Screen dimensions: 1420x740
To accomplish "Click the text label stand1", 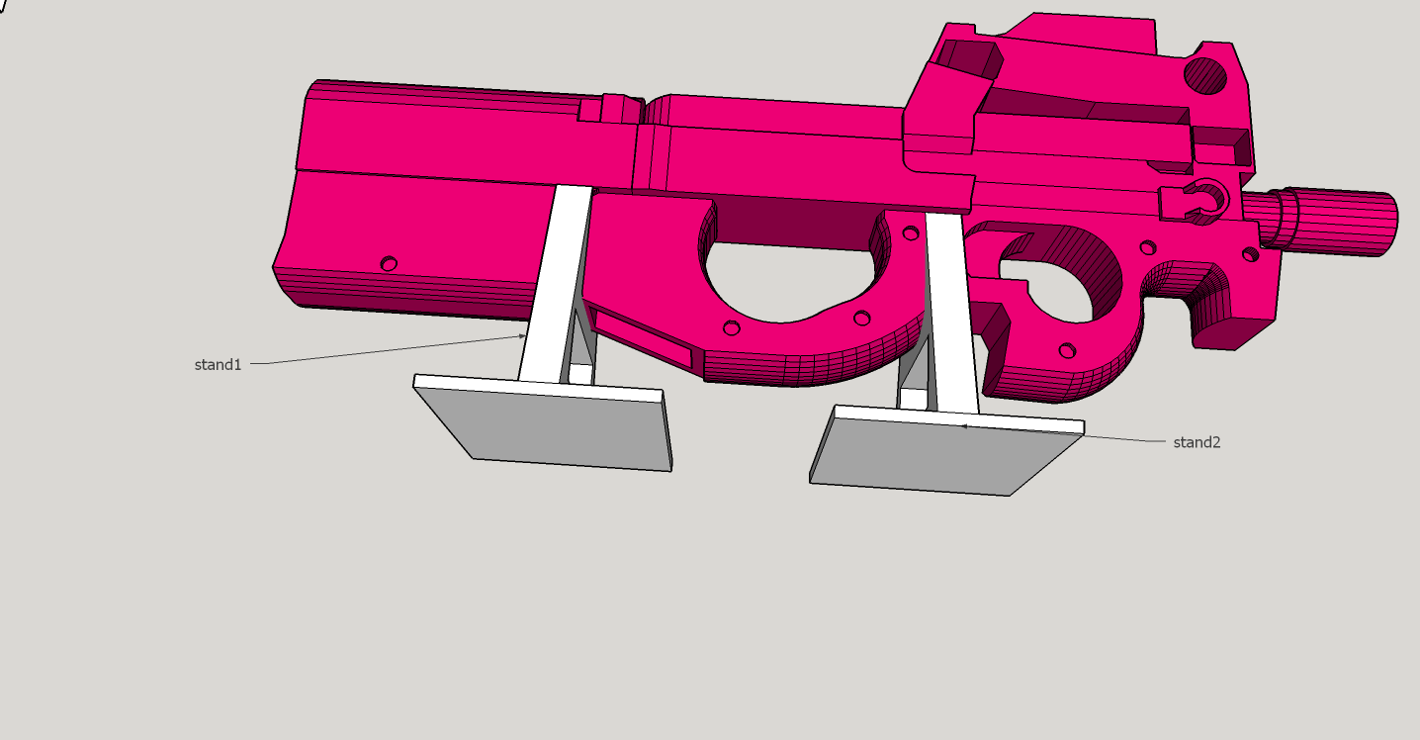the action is tap(218, 365).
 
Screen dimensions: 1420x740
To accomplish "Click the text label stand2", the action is tap(1197, 442).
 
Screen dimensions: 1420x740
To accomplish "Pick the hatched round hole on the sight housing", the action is tap(1205, 75).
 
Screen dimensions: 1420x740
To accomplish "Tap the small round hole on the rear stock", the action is tap(389, 263).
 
